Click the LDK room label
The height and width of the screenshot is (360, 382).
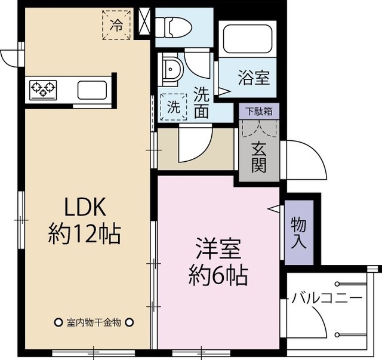pos(85,207)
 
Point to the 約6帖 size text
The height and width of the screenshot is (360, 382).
pos(218,275)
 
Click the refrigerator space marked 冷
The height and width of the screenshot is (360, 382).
pos(116,25)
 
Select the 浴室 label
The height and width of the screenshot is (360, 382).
pos(254,78)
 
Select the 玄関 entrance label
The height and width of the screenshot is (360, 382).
pos(258,156)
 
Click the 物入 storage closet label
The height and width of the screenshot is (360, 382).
pos(299,232)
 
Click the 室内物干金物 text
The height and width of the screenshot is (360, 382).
pos(94,322)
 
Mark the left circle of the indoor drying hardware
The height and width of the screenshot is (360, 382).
pos(58,322)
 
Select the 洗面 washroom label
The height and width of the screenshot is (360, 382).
pos(201,102)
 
